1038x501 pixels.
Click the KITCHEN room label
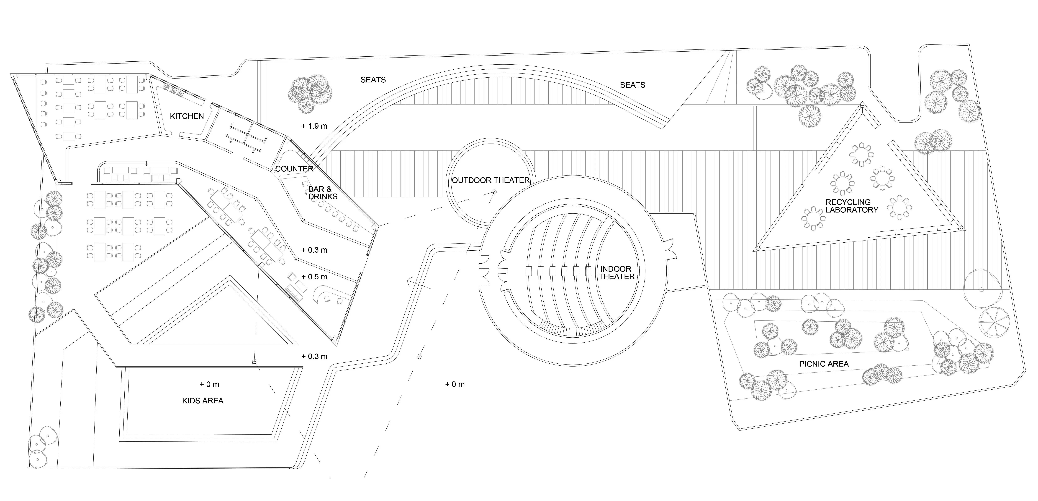click(187, 116)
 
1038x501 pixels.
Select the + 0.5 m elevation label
click(314, 277)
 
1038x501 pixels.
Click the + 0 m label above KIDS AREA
click(210, 384)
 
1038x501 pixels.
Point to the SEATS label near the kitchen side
click(373, 80)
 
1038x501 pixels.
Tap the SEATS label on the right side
click(633, 85)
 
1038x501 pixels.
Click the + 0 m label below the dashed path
click(455, 384)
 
